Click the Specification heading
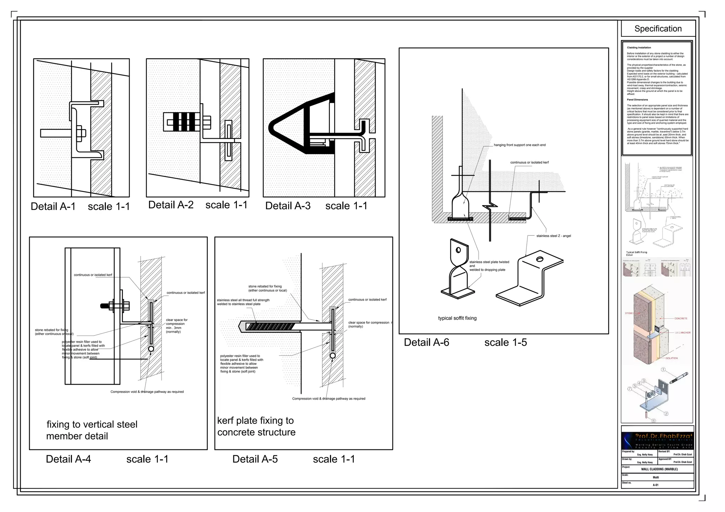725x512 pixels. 658,29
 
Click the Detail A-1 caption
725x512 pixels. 53,206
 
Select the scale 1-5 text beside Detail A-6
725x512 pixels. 506,342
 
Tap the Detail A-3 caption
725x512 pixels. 288,206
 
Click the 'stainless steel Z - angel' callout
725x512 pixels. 554,236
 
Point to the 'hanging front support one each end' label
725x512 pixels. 520,145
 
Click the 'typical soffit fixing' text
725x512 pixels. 457,318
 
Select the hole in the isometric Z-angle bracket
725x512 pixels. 540,259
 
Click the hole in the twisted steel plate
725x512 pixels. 458,250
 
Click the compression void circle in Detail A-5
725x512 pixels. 332,356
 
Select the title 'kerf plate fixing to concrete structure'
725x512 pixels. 256,426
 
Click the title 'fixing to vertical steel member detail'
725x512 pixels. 92,430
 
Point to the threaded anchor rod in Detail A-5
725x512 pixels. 269,326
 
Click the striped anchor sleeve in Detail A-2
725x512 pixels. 182,122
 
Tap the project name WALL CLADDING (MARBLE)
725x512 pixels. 659,469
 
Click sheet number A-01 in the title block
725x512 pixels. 656,485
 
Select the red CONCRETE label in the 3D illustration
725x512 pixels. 680,319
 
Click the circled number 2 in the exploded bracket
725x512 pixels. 666,413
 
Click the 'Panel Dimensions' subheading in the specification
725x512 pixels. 637,100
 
